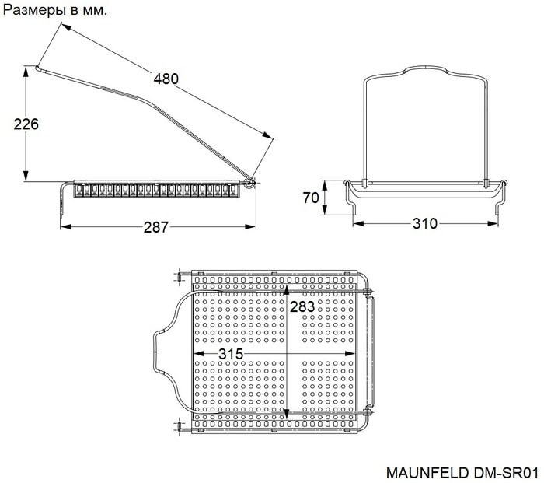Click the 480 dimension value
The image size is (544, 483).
166,79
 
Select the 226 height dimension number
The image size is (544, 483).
26,124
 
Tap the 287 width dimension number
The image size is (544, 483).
155,227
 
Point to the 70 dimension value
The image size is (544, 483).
311,198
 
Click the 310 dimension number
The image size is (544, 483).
425,224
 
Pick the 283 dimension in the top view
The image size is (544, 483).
302,306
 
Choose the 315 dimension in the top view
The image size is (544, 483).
231,354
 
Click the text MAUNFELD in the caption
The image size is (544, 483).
427,473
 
